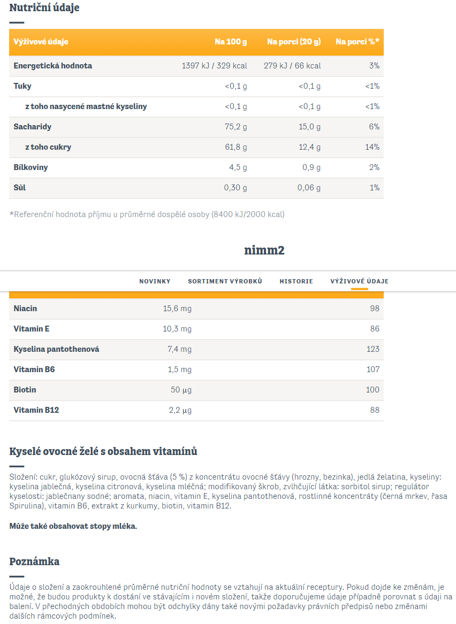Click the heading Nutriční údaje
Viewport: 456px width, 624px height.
pos(44,7)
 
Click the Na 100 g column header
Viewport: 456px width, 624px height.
pos(231,42)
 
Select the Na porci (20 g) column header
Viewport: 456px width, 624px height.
pos(294,42)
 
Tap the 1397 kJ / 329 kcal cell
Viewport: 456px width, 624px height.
pos(214,66)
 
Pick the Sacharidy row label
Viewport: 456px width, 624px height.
pos(33,127)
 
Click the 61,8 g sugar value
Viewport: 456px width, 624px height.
pos(236,147)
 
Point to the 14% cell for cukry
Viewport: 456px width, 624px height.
pos(373,147)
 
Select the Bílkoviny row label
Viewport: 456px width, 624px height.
pos(31,167)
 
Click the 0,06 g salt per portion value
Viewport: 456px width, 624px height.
pos(309,188)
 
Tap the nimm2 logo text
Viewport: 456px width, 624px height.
pos(264,250)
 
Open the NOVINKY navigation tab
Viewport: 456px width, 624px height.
pos(155,281)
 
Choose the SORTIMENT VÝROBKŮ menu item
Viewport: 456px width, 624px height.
pos(225,281)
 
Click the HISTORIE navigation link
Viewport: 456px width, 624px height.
pos(297,281)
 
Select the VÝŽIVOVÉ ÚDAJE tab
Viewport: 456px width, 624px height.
pos(360,281)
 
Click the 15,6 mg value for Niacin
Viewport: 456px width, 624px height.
pos(177,309)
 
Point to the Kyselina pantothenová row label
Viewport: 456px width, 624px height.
pos(57,349)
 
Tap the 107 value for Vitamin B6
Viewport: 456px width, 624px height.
pos(373,369)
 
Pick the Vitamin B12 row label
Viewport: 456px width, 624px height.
pos(36,410)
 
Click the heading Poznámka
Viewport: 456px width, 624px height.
pos(35,561)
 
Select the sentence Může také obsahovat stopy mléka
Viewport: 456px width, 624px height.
pos(73,526)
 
